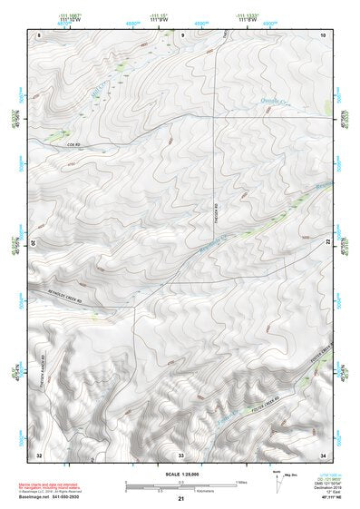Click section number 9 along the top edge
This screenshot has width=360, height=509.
[182, 34]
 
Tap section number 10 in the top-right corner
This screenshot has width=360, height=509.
[324, 34]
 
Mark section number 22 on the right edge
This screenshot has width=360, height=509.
[328, 243]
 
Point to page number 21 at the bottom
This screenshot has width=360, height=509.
[180, 500]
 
